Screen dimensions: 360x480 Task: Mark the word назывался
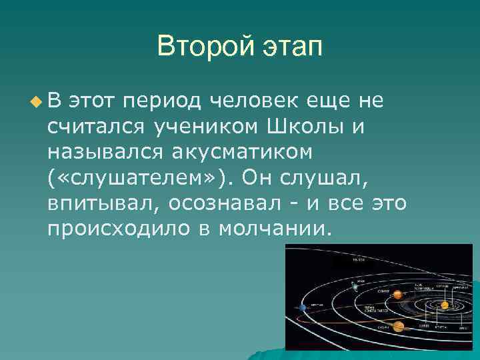click(x=99, y=153)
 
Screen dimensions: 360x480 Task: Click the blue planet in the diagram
click(x=303, y=307)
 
